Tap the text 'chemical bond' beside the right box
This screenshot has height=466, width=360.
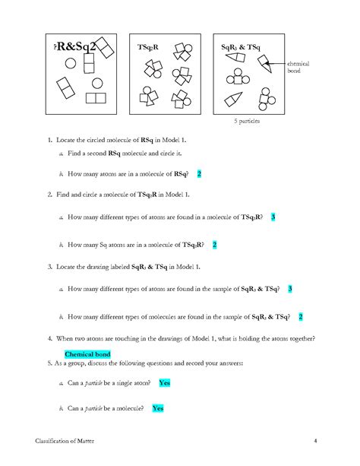tap(297, 68)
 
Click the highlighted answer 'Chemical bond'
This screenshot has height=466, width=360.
tap(87, 354)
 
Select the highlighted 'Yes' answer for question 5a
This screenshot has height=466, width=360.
tap(165, 384)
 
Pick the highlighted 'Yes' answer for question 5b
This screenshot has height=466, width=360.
tap(158, 408)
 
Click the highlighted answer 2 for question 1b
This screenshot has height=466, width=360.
tap(199, 174)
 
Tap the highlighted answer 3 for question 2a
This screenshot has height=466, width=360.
tap(273, 217)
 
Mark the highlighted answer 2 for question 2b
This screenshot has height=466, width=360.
tap(215, 245)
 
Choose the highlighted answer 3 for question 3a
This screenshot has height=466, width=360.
tap(290, 289)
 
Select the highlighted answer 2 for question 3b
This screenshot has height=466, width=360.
tap(301, 316)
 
